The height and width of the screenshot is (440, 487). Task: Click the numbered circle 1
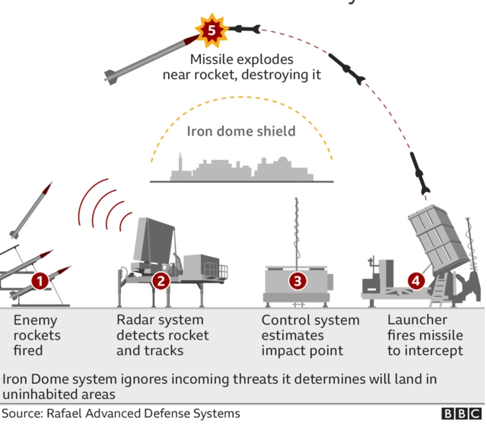(40, 281)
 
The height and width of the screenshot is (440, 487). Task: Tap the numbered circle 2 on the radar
(160, 281)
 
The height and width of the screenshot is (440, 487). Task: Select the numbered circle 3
(297, 281)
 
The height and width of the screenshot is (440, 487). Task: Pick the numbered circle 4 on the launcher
(415, 281)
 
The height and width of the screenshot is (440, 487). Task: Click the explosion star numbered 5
(212, 30)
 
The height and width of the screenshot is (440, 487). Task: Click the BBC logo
(461, 414)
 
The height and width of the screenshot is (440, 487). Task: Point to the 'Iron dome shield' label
(241, 131)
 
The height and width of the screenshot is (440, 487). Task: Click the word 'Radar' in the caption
(135, 320)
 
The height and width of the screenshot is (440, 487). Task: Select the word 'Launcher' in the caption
(417, 320)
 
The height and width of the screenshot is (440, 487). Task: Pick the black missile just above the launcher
(421, 174)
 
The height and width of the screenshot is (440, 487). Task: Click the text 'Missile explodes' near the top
(241, 59)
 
